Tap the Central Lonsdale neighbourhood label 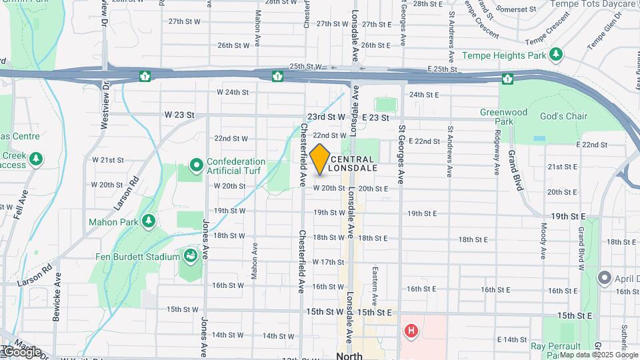point(353,163)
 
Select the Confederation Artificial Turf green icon point(196,164)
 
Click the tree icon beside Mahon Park point(149,221)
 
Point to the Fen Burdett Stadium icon point(191,256)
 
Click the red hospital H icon point(411,330)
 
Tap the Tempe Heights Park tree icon point(556,55)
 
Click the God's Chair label point(563,117)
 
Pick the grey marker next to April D point(605,277)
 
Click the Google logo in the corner point(21,352)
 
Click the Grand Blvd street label point(515,171)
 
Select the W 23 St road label point(179,115)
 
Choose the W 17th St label point(328,262)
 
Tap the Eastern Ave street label point(375,285)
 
